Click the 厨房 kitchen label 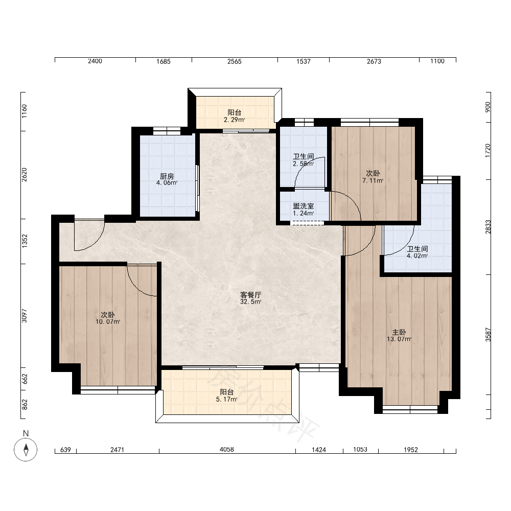pyautogui.click(x=167, y=176)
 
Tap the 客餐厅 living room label pyautogui.click(x=250, y=295)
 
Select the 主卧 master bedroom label pyautogui.click(x=399, y=333)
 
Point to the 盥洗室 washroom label pyautogui.click(x=304, y=206)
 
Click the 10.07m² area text pyautogui.click(x=108, y=322)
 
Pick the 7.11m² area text pyautogui.click(x=373, y=180)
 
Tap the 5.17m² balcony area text pyautogui.click(x=226, y=399)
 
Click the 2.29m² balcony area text pyautogui.click(x=235, y=120)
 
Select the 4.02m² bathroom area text pyautogui.click(x=417, y=256)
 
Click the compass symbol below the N pyautogui.click(x=26, y=450)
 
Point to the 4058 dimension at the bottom pyautogui.click(x=227, y=450)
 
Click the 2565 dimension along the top pyautogui.click(x=235, y=61)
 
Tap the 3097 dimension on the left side pyautogui.click(x=25, y=316)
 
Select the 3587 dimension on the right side pyautogui.click(x=488, y=334)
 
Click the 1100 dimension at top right pyautogui.click(x=437, y=61)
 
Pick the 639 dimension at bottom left pyautogui.click(x=65, y=450)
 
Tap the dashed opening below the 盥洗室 pyautogui.click(x=307, y=223)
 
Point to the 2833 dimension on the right pyautogui.click(x=488, y=227)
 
